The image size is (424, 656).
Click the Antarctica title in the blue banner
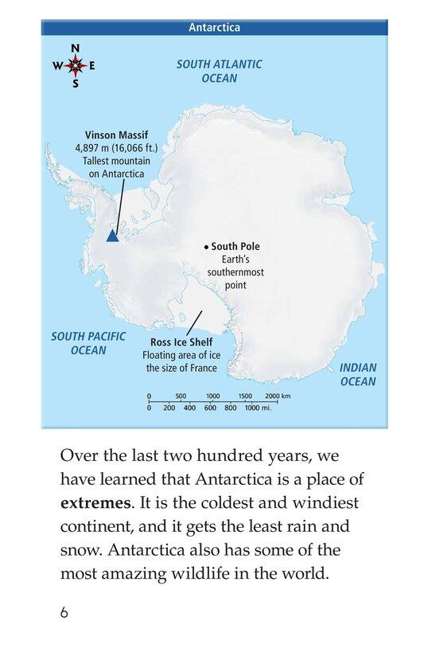[214, 28]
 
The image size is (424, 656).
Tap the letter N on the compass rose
[76, 49]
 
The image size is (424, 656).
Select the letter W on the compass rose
[58, 66]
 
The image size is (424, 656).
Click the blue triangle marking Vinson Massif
[112, 236]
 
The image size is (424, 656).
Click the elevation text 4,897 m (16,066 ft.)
[117, 147]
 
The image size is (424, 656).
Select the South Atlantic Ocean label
[220, 71]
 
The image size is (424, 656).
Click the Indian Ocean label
[358, 375]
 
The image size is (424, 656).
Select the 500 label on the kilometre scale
[181, 396]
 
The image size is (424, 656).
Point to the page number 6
[63, 613]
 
